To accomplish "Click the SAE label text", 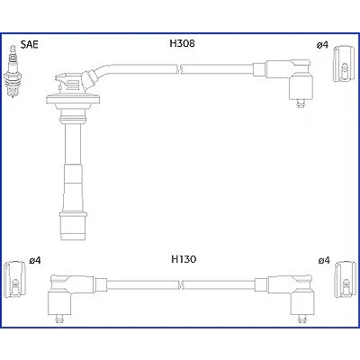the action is [x=30, y=44].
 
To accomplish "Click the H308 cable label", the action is [x=182, y=43].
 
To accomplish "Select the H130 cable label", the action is [x=184, y=259].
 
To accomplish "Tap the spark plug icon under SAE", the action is [x=13, y=71].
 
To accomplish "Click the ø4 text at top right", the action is [x=322, y=45].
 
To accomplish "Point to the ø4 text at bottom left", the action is [x=35, y=260].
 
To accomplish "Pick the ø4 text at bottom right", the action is [x=324, y=260].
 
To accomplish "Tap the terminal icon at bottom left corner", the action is [x=15, y=280].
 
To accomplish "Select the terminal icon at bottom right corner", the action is [x=346, y=280].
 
